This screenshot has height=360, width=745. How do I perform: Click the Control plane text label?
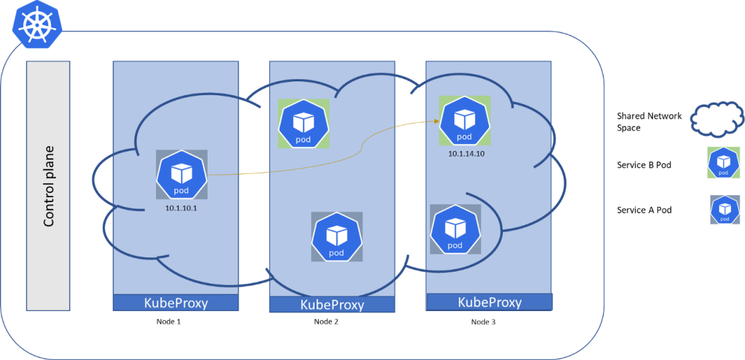(x=49, y=186)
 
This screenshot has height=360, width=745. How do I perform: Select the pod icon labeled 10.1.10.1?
(x=181, y=175)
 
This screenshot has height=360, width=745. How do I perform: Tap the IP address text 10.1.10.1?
(x=181, y=208)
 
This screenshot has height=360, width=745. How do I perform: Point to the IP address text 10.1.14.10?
(x=466, y=154)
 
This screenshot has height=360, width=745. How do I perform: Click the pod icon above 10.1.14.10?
(x=465, y=121)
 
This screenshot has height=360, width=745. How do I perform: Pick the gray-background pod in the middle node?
(x=337, y=237)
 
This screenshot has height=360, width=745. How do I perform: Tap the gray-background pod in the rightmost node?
(x=455, y=229)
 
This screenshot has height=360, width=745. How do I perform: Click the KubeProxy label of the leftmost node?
(x=175, y=303)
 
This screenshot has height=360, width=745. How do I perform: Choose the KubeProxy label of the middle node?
(x=332, y=305)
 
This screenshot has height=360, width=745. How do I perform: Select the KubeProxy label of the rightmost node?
(x=490, y=302)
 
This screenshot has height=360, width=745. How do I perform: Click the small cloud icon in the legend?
(x=717, y=119)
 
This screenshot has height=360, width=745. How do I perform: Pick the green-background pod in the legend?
(x=724, y=163)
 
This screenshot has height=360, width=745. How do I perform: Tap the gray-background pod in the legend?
(x=724, y=210)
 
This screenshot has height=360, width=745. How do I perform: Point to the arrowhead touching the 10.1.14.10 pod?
(x=437, y=121)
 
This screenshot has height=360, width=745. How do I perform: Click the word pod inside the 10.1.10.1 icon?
(x=181, y=189)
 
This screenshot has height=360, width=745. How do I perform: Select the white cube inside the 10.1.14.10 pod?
(x=465, y=118)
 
